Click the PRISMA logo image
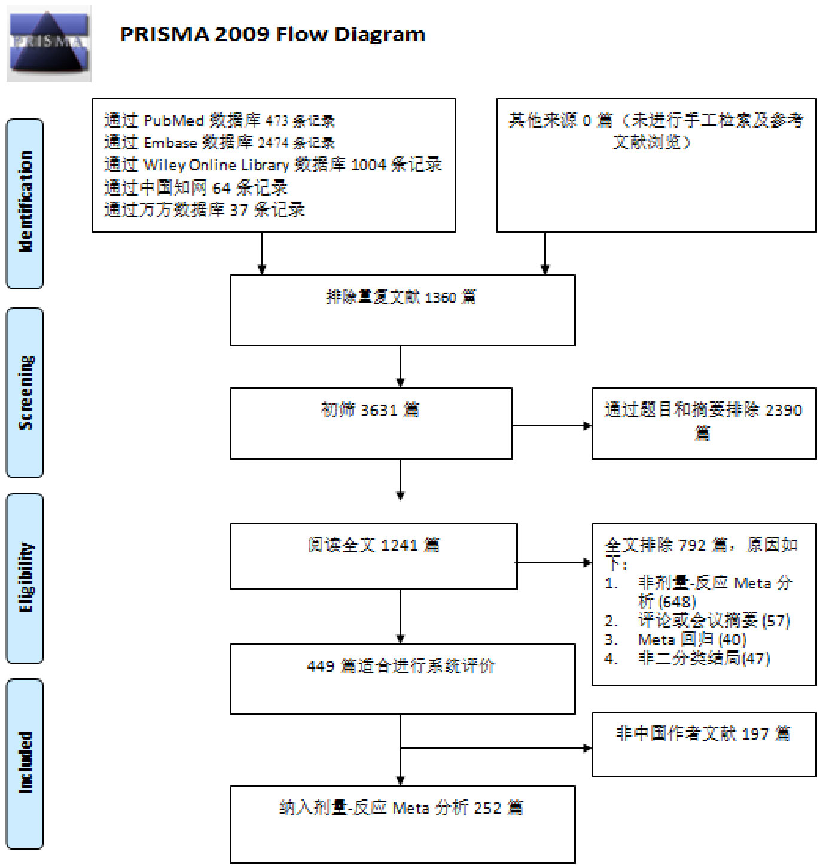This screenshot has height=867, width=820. (x=48, y=43)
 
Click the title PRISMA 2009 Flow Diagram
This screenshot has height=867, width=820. (x=272, y=35)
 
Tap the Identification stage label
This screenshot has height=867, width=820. (x=25, y=203)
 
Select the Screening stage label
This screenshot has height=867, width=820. (x=25, y=392)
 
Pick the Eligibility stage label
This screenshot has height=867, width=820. (x=25, y=578)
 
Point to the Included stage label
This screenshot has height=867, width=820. (x=25, y=763)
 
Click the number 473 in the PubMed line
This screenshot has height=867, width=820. (x=277, y=121)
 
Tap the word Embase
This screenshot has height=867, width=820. (x=170, y=143)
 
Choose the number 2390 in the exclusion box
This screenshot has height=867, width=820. (x=783, y=410)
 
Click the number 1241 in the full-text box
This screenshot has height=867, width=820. (x=399, y=545)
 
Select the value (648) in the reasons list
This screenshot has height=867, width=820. (x=677, y=602)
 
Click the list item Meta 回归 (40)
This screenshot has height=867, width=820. (x=691, y=640)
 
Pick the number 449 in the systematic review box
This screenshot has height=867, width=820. (x=320, y=666)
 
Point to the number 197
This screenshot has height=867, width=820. (x=755, y=734)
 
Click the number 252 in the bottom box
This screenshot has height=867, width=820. (x=487, y=808)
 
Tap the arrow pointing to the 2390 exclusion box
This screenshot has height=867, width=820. (x=586, y=426)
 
